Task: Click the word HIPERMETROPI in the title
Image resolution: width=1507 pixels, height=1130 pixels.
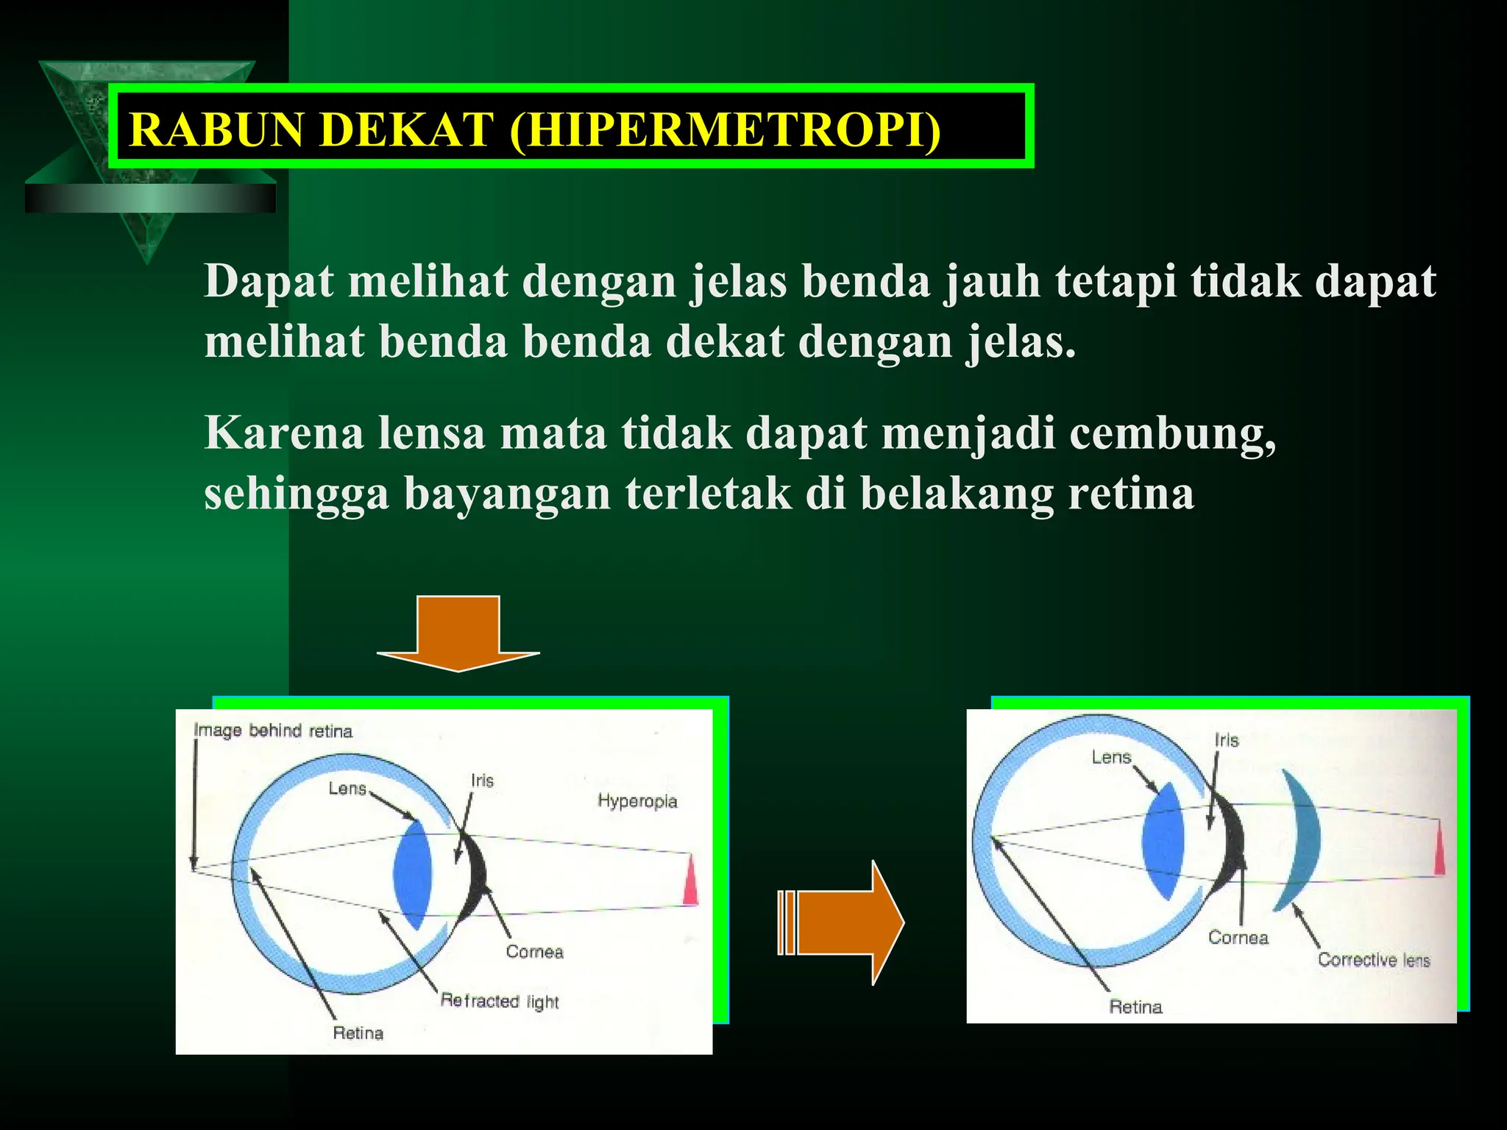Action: click(725, 129)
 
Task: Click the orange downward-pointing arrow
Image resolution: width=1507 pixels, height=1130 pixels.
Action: click(458, 633)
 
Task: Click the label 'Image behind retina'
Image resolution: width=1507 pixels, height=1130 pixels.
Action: click(273, 731)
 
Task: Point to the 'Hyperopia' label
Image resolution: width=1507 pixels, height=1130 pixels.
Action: click(637, 801)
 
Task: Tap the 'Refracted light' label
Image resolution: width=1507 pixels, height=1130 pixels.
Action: click(500, 1001)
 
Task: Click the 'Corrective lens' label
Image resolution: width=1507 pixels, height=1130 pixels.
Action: click(1373, 959)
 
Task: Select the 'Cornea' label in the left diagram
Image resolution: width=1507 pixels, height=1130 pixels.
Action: click(534, 952)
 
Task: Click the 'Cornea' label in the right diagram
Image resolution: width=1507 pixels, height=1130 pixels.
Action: click(1238, 937)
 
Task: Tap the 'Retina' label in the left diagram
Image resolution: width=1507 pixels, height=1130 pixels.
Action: click(358, 1033)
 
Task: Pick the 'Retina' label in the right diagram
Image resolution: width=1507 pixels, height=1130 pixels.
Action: click(1135, 1006)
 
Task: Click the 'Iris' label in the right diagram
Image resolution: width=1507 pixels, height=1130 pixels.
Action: click(1227, 740)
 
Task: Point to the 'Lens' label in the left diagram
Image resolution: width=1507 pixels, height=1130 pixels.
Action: click(347, 789)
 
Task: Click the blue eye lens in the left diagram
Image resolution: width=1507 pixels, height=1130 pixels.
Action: click(412, 874)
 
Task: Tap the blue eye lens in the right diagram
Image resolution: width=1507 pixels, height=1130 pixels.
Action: click(1163, 841)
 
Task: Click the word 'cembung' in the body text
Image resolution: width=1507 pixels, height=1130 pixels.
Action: click(1172, 433)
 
